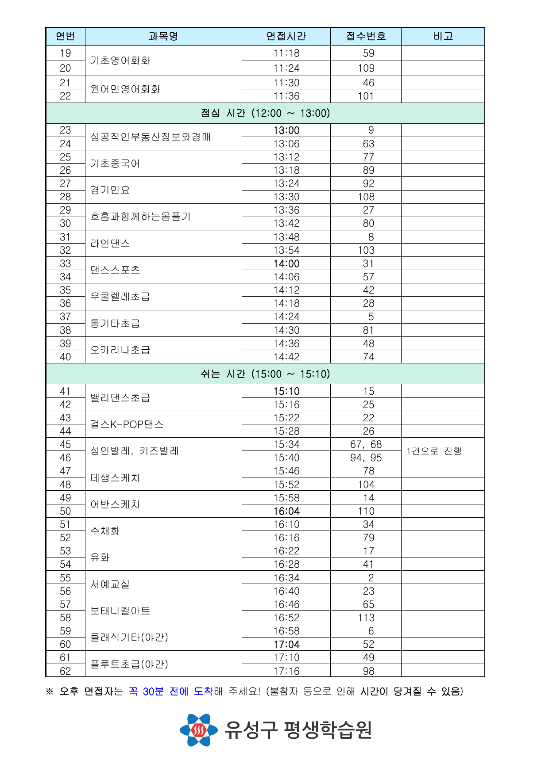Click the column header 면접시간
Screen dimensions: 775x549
coord(286,36)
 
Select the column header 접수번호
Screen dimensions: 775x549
coord(366,36)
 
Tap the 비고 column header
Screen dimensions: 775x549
coord(443,36)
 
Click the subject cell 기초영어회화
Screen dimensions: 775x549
coord(120,60)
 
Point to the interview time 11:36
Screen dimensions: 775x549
coord(286,96)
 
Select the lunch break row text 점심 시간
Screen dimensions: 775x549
coord(265,113)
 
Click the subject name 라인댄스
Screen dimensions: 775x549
coord(110,243)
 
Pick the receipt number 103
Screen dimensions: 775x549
coord(366,250)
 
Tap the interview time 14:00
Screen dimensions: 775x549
coord(286,263)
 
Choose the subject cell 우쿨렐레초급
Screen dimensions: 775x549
coord(120,296)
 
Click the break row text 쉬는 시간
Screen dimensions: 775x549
coord(265,374)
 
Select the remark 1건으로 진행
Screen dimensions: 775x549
coord(434,451)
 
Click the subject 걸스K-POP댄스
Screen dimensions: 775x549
coord(127,424)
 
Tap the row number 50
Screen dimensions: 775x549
coord(65,511)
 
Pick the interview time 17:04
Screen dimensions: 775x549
coord(286,644)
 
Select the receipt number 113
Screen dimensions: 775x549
coord(366,618)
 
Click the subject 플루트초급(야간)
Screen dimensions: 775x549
coord(129,664)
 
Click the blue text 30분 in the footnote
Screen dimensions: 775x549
coord(153,691)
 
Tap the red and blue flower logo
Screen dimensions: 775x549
coord(199,730)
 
